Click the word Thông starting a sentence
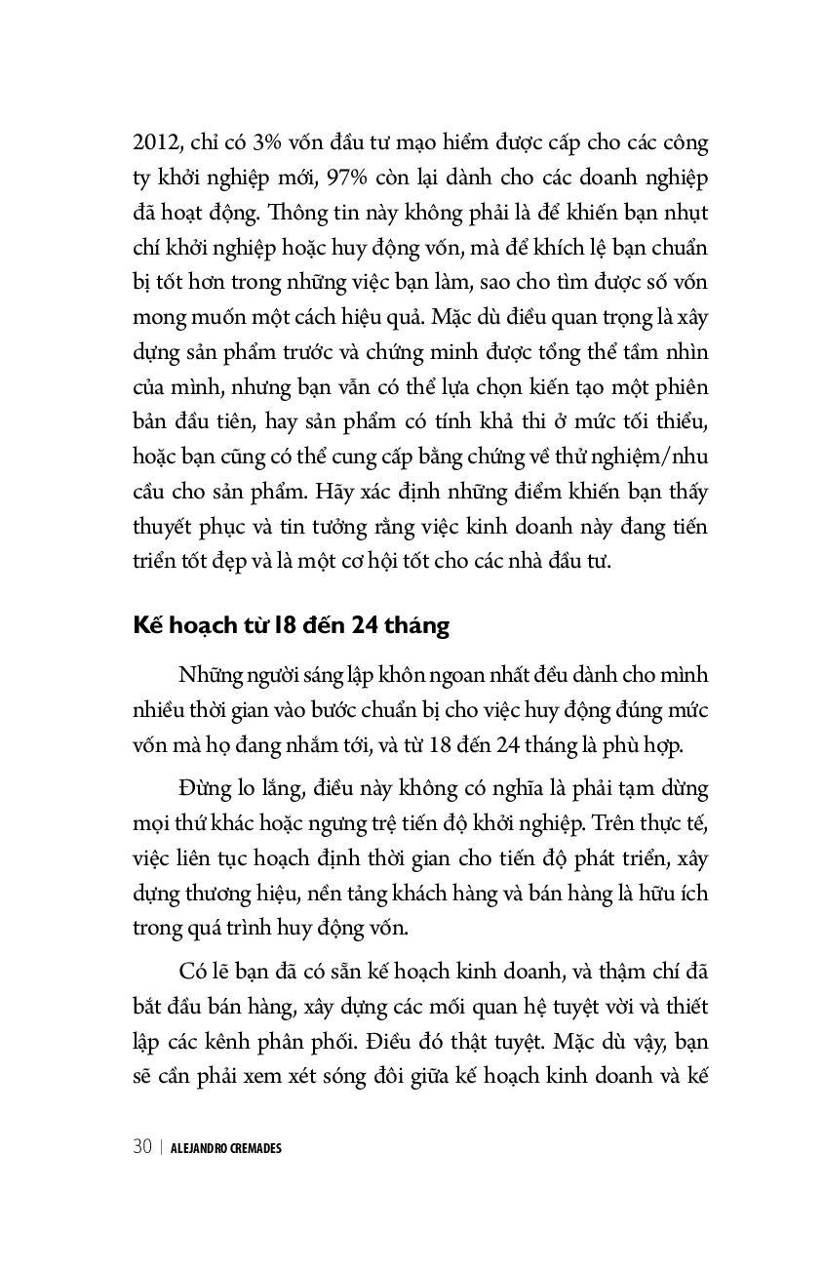click(x=294, y=213)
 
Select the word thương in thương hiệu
click(x=216, y=893)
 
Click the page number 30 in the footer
click(x=142, y=1147)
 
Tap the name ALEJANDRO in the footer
click(x=198, y=1148)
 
